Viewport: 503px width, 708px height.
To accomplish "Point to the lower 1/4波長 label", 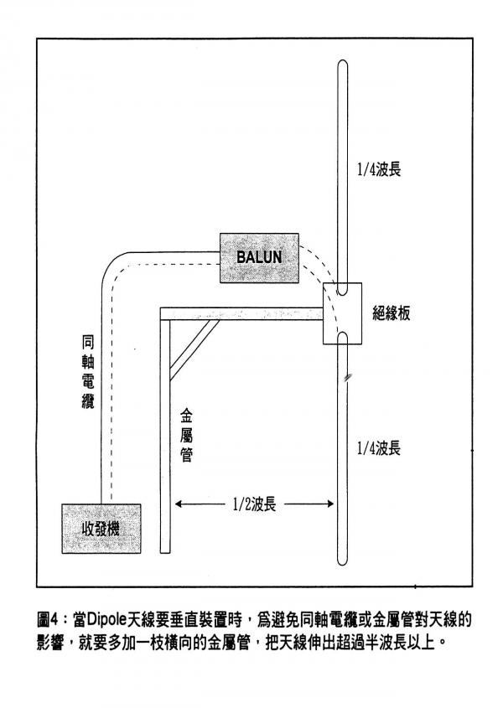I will pyautogui.click(x=377, y=448).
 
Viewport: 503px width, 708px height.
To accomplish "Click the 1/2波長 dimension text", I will pyautogui.click(x=255, y=504).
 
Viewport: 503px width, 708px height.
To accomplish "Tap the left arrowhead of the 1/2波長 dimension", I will pyautogui.click(x=178, y=504).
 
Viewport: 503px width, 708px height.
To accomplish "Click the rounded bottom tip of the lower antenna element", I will pyautogui.click(x=344, y=564).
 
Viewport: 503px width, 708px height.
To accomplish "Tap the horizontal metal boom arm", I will pyautogui.click(x=243, y=313).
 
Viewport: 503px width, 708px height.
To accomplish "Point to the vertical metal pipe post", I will pyautogui.click(x=164, y=436).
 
